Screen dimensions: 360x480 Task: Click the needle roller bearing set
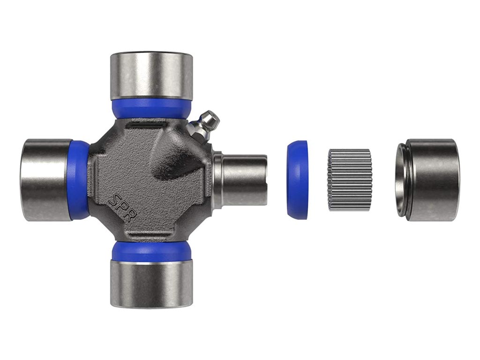350,180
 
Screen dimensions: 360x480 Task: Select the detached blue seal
297,180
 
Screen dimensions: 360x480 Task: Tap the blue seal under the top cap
151,107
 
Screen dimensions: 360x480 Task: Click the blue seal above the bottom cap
151,251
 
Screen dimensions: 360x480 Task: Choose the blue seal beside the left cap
80,180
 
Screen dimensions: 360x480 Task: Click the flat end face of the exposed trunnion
265,180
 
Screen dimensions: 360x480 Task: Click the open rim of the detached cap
401,180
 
